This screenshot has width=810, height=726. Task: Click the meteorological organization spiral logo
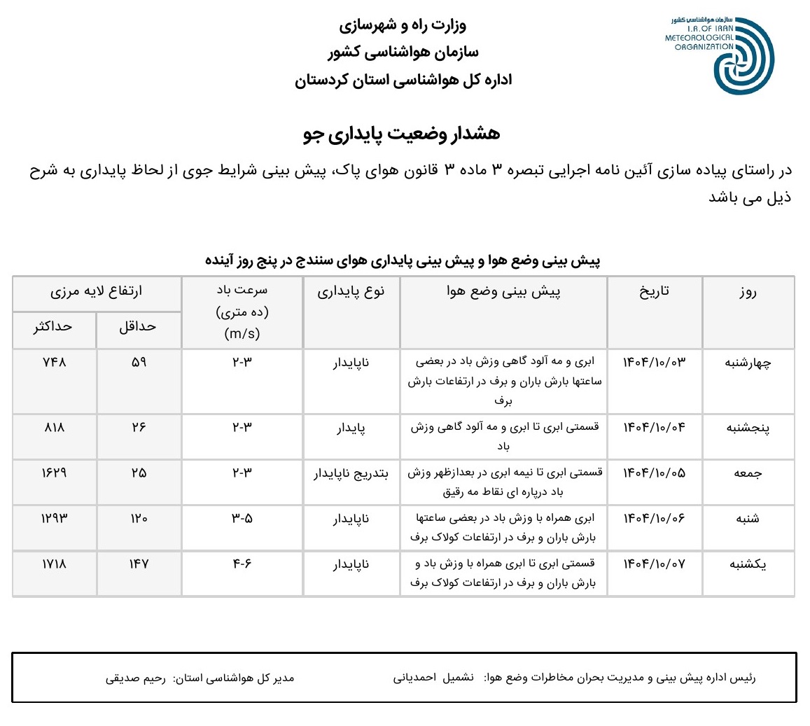pyautogui.click(x=743, y=56)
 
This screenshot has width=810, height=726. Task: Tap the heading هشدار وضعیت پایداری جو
pyautogui.click(x=402, y=134)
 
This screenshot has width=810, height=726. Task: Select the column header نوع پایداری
pyautogui.click(x=351, y=292)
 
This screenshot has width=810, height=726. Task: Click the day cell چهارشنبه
pyautogui.click(x=748, y=363)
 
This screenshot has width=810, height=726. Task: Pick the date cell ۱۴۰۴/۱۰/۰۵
pyautogui.click(x=654, y=473)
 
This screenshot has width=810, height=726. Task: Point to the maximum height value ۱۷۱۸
pyautogui.click(x=54, y=564)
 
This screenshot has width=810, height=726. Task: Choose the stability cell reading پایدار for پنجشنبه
pyautogui.click(x=351, y=428)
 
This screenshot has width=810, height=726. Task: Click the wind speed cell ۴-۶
pyautogui.click(x=242, y=564)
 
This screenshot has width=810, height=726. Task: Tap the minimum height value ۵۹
pyautogui.click(x=139, y=363)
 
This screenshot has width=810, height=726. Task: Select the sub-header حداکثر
pyautogui.click(x=53, y=327)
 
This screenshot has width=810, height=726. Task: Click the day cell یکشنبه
pyautogui.click(x=748, y=564)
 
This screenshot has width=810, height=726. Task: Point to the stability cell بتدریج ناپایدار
pyautogui.click(x=351, y=473)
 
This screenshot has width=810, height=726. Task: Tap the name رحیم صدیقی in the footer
pyautogui.click(x=136, y=678)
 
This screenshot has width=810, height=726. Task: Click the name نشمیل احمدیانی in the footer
pyautogui.click(x=433, y=678)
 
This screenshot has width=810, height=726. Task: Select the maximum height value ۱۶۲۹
pyautogui.click(x=54, y=473)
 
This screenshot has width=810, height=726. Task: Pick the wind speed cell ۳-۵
pyautogui.click(x=242, y=519)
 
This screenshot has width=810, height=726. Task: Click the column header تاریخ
pyautogui.click(x=654, y=292)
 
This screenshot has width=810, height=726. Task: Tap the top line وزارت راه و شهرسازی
pyautogui.click(x=403, y=26)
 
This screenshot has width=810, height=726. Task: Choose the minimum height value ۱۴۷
pyautogui.click(x=139, y=564)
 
